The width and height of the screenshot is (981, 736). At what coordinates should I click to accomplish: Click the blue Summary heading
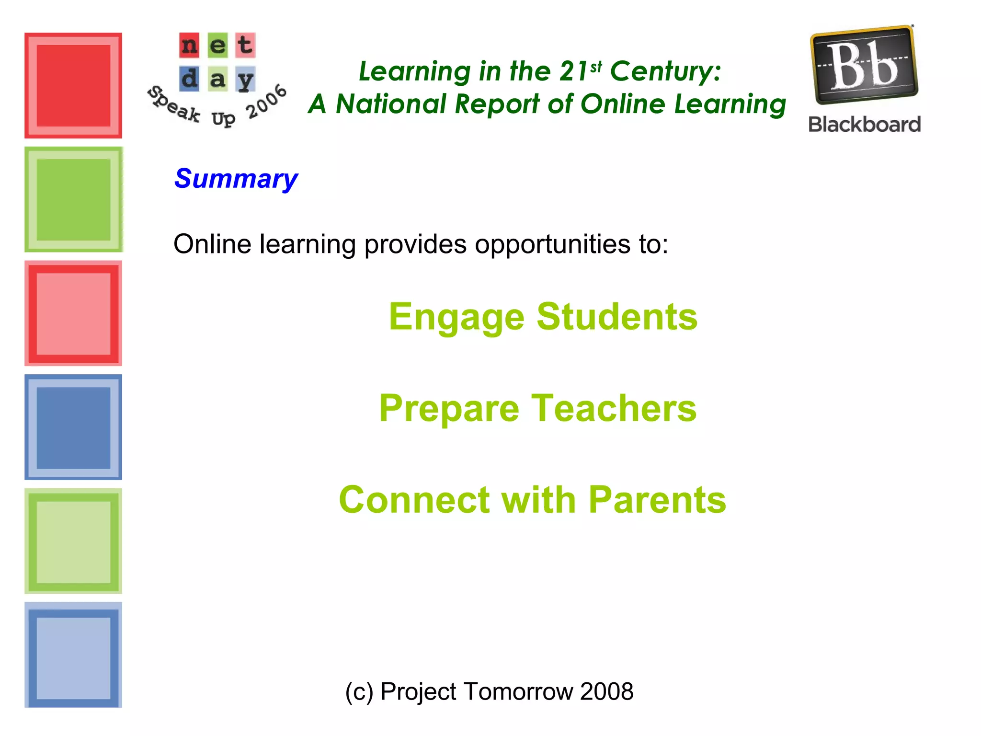click(x=236, y=179)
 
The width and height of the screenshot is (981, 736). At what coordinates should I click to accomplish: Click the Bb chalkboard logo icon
click(x=863, y=65)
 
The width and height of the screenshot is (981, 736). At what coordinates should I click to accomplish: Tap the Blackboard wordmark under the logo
click(x=864, y=125)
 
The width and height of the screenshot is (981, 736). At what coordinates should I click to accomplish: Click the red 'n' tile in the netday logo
click(x=189, y=46)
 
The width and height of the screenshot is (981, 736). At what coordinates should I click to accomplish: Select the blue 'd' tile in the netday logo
click(x=189, y=79)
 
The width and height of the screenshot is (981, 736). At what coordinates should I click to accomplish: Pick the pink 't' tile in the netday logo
click(x=245, y=46)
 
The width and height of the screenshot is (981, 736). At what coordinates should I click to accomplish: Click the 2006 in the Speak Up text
click(x=266, y=102)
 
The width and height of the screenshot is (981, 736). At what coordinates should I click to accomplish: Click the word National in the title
click(x=390, y=104)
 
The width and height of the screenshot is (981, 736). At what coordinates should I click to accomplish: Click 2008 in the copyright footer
click(x=606, y=691)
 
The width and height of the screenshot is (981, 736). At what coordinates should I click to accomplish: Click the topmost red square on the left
click(x=73, y=86)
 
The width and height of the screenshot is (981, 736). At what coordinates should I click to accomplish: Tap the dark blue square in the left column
click(x=73, y=427)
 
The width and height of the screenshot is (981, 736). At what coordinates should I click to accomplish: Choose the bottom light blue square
click(x=73, y=655)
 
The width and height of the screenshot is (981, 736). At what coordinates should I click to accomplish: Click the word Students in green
click(x=617, y=317)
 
